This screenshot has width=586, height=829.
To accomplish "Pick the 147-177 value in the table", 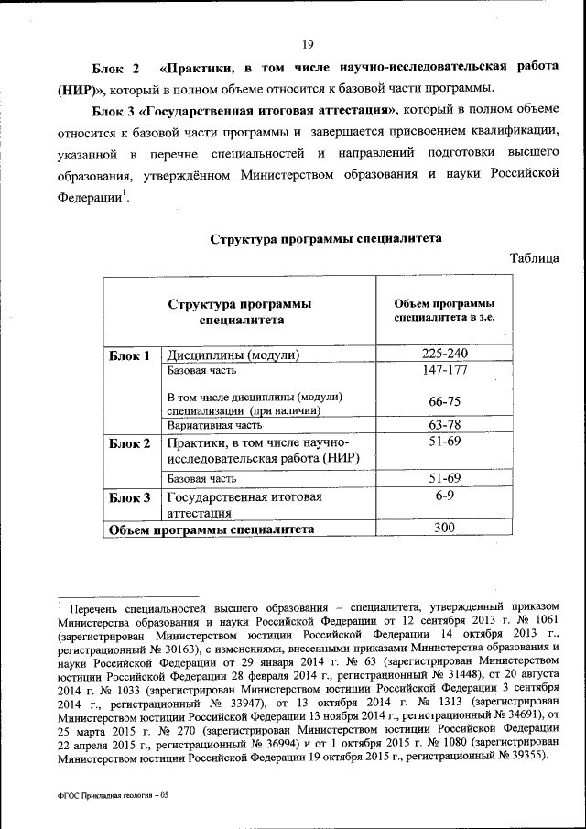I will point(445,371).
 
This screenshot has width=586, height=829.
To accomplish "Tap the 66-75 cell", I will point(445,401).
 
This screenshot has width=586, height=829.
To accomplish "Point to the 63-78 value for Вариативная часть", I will point(445,425).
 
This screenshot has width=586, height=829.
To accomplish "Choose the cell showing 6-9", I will point(445,496).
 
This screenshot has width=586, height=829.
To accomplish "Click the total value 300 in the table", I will point(445,529).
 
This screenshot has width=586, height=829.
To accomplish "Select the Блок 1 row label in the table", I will point(130,355).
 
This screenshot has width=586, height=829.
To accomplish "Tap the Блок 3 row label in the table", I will point(130,497).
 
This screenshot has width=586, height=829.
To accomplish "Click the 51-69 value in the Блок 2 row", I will point(445,442).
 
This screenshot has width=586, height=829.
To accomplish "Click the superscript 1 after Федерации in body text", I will point(125,192).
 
